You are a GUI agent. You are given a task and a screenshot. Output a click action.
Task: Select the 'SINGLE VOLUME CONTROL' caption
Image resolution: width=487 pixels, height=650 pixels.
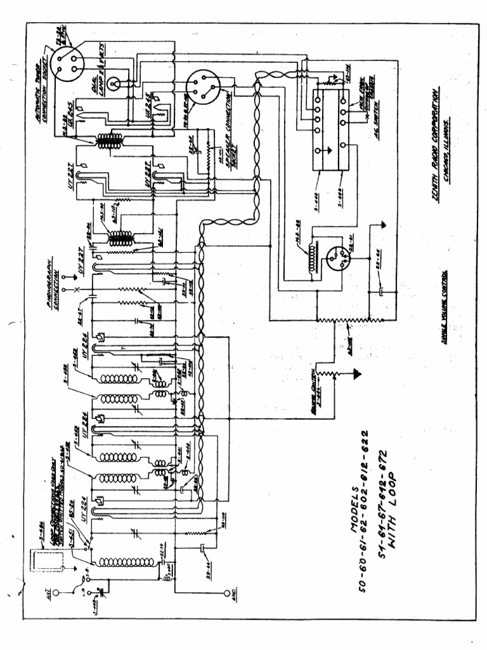pos(444,307)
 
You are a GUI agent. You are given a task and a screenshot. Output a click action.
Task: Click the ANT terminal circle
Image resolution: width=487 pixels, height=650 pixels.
pos(55,594)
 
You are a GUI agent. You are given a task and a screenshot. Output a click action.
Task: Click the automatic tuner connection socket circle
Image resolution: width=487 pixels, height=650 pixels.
pos(67,62)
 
